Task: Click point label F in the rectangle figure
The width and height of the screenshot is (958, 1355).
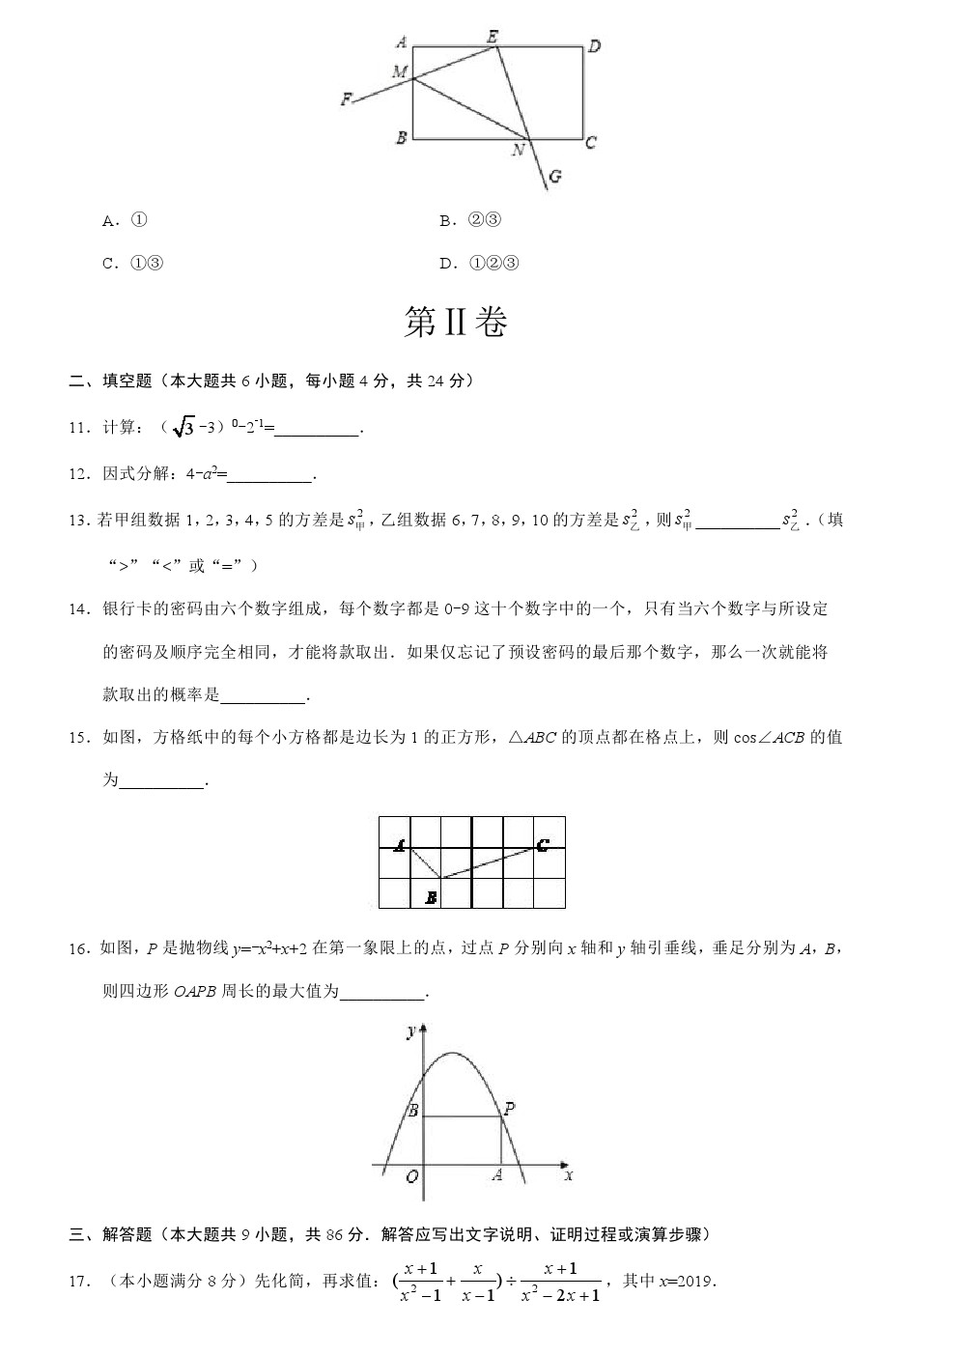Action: [347, 99]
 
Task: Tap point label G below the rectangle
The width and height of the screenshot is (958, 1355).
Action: [554, 177]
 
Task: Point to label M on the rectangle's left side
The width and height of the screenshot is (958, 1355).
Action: [400, 71]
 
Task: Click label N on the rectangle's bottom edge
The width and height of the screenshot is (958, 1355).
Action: [519, 150]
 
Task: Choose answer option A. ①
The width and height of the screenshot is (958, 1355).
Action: [126, 220]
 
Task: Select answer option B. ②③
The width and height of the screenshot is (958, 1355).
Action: [470, 220]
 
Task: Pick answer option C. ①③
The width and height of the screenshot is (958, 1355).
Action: [133, 263]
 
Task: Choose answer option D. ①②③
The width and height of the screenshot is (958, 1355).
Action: [479, 263]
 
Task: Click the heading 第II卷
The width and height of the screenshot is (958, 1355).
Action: [455, 324]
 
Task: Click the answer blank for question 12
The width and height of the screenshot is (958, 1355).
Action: [270, 474]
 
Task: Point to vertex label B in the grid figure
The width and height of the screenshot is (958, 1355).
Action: [431, 898]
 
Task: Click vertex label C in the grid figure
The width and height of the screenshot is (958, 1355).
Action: [543, 846]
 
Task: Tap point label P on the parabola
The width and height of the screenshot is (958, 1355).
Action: [509, 1109]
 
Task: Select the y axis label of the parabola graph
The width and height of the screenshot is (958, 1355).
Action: [410, 1032]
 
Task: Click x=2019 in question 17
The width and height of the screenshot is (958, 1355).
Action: [685, 1282]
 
